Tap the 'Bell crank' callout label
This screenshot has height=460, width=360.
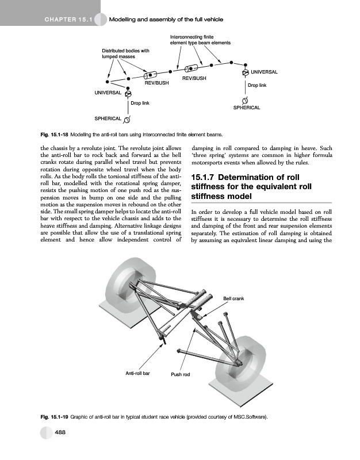pyautogui.click(x=233, y=298)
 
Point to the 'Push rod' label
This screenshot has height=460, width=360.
pyautogui.click(x=181, y=375)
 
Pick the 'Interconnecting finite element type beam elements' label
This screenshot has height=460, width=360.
pyautogui.click(x=200, y=40)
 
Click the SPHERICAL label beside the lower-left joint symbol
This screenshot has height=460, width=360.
pyautogui.click(x=108, y=118)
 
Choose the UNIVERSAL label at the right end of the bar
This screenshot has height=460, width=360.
pyautogui.click(x=265, y=72)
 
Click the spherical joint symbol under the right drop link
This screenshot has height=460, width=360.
pyautogui.click(x=246, y=100)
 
